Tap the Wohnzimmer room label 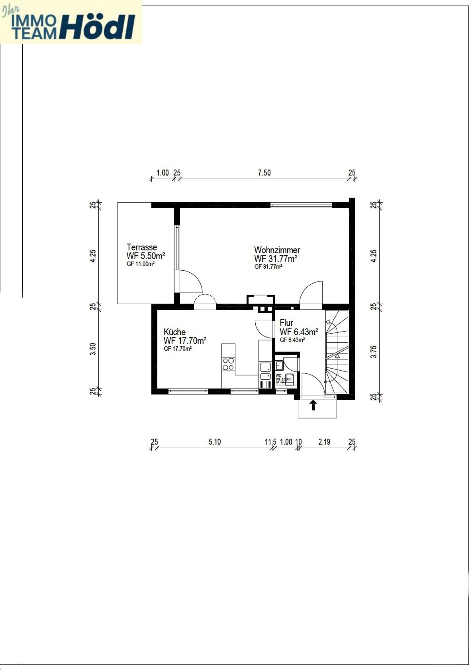click(x=277, y=250)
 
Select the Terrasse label click(x=141, y=247)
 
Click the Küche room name click(x=174, y=332)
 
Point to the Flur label click(x=286, y=323)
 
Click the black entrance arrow click(x=313, y=405)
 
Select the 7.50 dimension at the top click(x=264, y=173)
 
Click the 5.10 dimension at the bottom click(x=214, y=442)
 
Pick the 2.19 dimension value click(x=324, y=442)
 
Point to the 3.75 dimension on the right click(x=374, y=352)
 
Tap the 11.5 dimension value click(x=270, y=442)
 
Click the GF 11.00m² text click(x=141, y=264)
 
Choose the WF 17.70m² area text click(x=185, y=341)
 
